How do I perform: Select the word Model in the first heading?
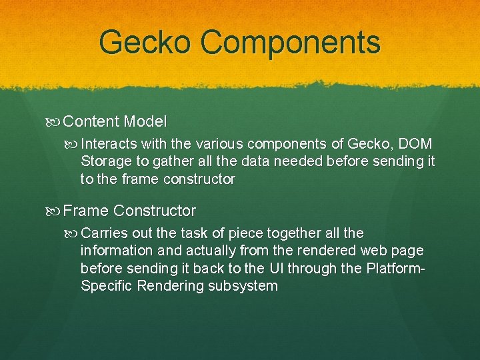coord(145,122)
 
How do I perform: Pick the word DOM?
coord(415,144)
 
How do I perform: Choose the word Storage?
coord(105,161)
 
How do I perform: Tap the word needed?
coord(313,161)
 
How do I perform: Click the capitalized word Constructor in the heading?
coord(155,211)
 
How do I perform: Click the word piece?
coord(246,233)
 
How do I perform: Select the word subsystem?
coord(242,286)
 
